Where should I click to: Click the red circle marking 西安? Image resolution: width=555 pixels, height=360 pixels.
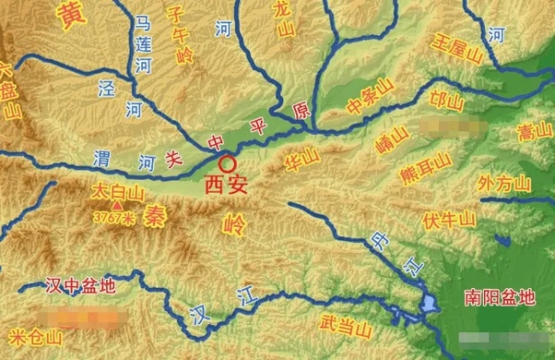(x=228, y=164)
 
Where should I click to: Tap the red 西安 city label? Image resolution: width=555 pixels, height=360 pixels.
(x=225, y=186)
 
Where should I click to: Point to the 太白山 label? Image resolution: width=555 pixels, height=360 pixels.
(x=118, y=193)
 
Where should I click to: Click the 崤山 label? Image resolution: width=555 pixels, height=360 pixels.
(x=392, y=139)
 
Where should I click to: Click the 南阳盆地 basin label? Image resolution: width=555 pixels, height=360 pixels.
(x=499, y=296)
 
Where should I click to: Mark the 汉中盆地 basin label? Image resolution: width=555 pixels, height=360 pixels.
(x=80, y=286)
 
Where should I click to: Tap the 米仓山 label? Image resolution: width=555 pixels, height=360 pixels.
(x=36, y=337)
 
